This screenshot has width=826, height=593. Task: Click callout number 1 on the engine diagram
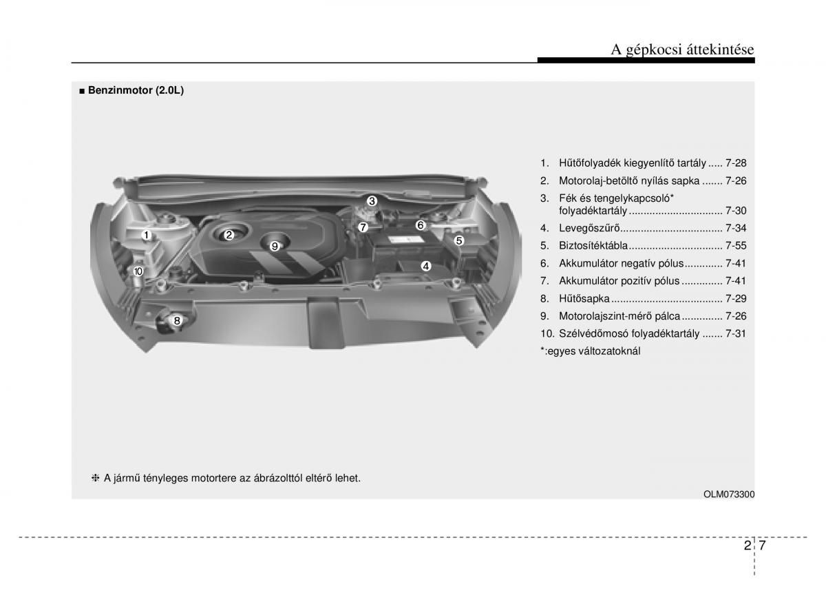tap(147, 235)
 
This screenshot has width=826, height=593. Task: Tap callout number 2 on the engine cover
tap(229, 235)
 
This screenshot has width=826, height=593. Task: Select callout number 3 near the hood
tap(372, 201)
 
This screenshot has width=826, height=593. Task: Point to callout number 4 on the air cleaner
tap(426, 266)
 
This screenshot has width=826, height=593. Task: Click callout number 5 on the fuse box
tap(458, 240)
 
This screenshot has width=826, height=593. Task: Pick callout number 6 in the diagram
tap(421, 225)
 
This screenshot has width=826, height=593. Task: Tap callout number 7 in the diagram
tap(363, 227)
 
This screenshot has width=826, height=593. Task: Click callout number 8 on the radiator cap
tap(177, 321)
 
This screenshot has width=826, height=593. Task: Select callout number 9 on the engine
tap(275, 246)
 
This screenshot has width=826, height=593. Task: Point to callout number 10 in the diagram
tap(138, 271)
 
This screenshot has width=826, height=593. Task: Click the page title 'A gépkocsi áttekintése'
tap(682, 50)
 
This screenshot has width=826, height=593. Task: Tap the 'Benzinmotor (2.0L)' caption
tap(136, 90)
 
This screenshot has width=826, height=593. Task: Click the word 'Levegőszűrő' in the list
tap(589, 228)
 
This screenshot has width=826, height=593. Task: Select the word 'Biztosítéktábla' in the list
tap(593, 245)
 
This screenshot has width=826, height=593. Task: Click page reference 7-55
tap(736, 245)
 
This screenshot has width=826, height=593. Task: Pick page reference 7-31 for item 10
tap(736, 333)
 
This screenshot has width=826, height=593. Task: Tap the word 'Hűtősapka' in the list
tap(584, 298)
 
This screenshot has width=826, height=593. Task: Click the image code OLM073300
tap(729, 494)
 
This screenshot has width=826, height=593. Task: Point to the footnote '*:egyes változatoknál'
tap(591, 351)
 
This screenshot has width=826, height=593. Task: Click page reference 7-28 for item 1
tap(736, 163)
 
